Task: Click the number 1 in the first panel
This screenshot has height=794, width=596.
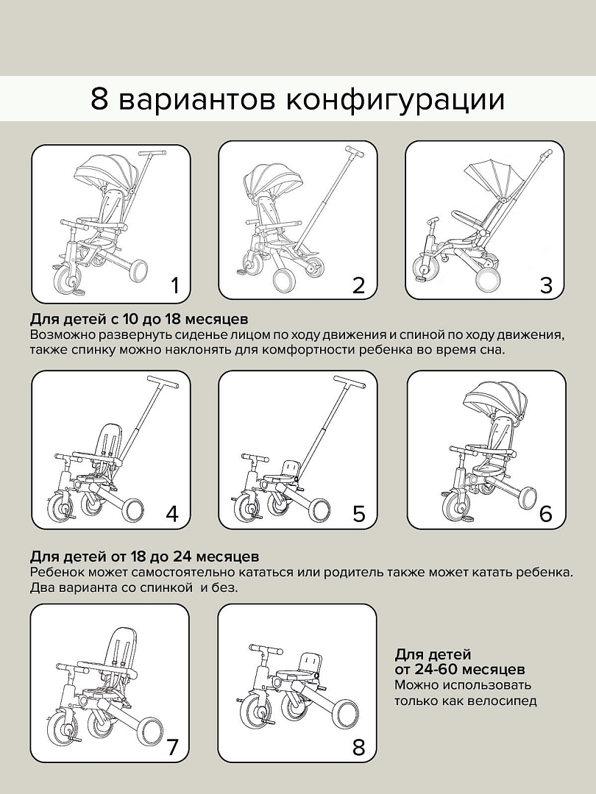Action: (x=174, y=285)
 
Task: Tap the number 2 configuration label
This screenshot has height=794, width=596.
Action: (x=358, y=285)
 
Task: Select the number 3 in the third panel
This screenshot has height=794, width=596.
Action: (x=545, y=285)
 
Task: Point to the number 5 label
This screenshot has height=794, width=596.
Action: (x=358, y=513)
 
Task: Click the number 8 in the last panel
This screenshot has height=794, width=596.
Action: (x=358, y=748)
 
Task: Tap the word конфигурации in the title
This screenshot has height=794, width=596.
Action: (x=395, y=99)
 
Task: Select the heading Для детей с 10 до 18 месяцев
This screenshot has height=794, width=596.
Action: (x=139, y=320)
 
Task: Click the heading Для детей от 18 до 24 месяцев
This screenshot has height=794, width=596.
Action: (x=144, y=557)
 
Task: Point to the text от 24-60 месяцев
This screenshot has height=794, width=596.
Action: (x=460, y=669)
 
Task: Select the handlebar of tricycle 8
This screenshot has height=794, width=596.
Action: (x=266, y=650)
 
